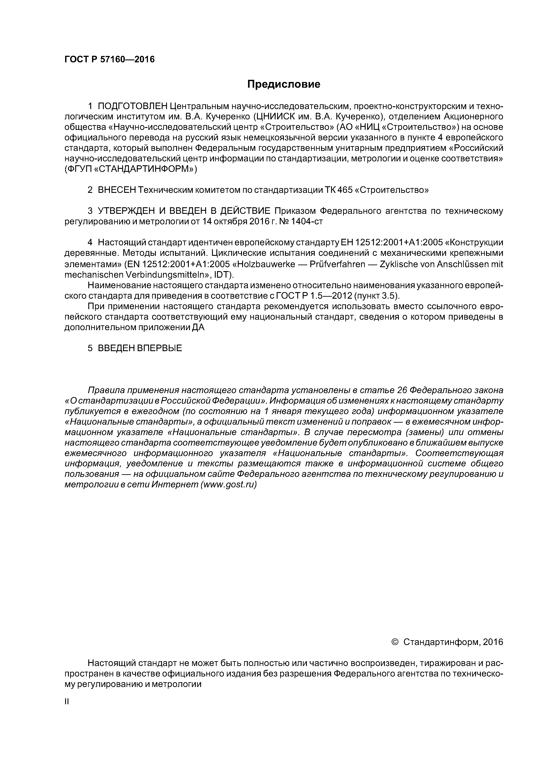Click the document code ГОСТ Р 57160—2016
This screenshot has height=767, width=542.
click(x=109, y=59)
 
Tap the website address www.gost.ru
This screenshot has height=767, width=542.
click(x=228, y=484)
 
